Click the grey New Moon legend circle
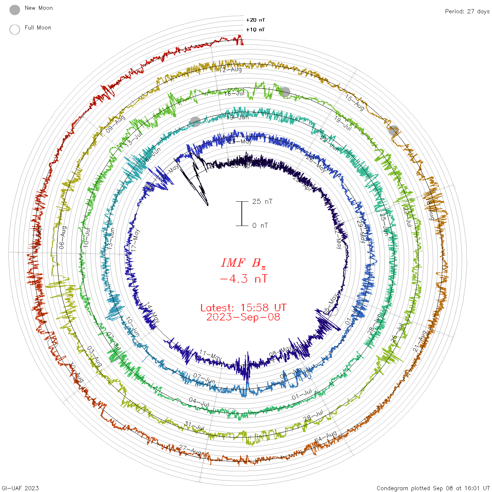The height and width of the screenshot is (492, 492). [15, 10]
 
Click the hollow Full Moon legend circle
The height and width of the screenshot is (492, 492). [15, 30]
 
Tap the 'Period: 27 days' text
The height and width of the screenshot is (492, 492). [467, 12]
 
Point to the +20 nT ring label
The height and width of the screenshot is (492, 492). [255, 20]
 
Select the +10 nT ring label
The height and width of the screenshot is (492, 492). [255, 30]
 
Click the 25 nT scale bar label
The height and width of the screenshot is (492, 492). [262, 201]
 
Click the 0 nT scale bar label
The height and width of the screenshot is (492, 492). [260, 226]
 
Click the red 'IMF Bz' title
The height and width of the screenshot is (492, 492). [243, 263]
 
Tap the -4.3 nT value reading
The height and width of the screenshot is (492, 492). [243, 279]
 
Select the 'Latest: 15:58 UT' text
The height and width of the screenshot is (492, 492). [243, 308]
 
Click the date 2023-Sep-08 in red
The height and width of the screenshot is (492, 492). [243, 317]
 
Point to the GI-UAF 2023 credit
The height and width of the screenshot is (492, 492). [20, 488]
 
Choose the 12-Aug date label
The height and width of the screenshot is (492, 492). [231, 70]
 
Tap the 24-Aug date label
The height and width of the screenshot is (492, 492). [326, 437]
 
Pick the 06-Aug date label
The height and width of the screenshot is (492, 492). [63, 238]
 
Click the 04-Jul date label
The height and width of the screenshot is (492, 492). [199, 402]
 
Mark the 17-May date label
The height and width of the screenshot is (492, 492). [135, 240]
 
